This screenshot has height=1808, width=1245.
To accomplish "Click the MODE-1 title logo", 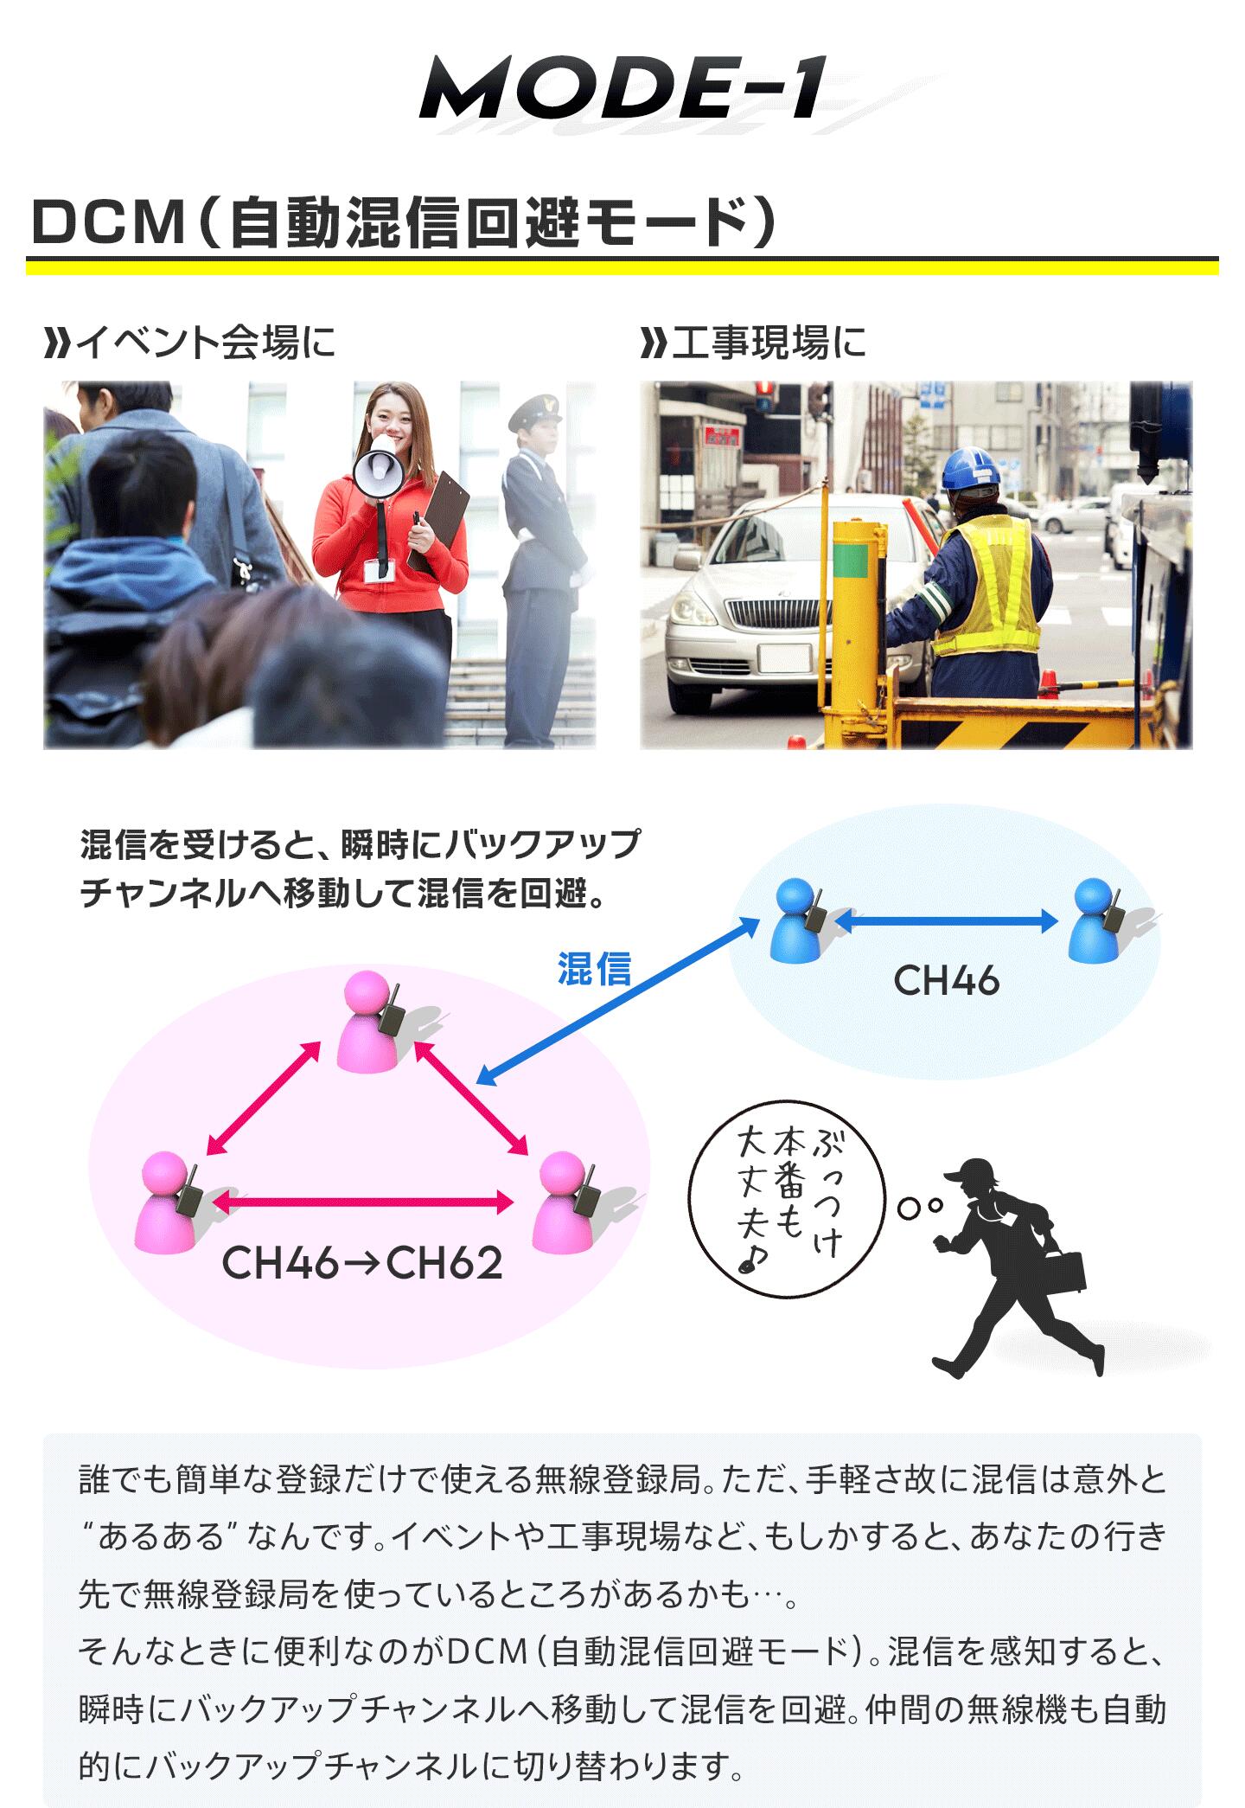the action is pos(622,88).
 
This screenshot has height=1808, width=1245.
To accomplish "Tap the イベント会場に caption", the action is pos(189,343).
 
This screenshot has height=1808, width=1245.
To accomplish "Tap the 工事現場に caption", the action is pos(753,343).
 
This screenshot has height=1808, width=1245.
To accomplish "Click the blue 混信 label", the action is pos(595,969).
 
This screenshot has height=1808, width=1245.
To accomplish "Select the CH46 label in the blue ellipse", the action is pos(946,981).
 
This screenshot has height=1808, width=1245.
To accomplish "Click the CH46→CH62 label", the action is pos(362,1263).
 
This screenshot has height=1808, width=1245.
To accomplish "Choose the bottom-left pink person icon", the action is pos(169,1202).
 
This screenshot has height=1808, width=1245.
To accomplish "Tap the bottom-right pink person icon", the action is pos(567,1202).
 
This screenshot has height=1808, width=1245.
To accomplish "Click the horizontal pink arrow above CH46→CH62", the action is pos(363,1202).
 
